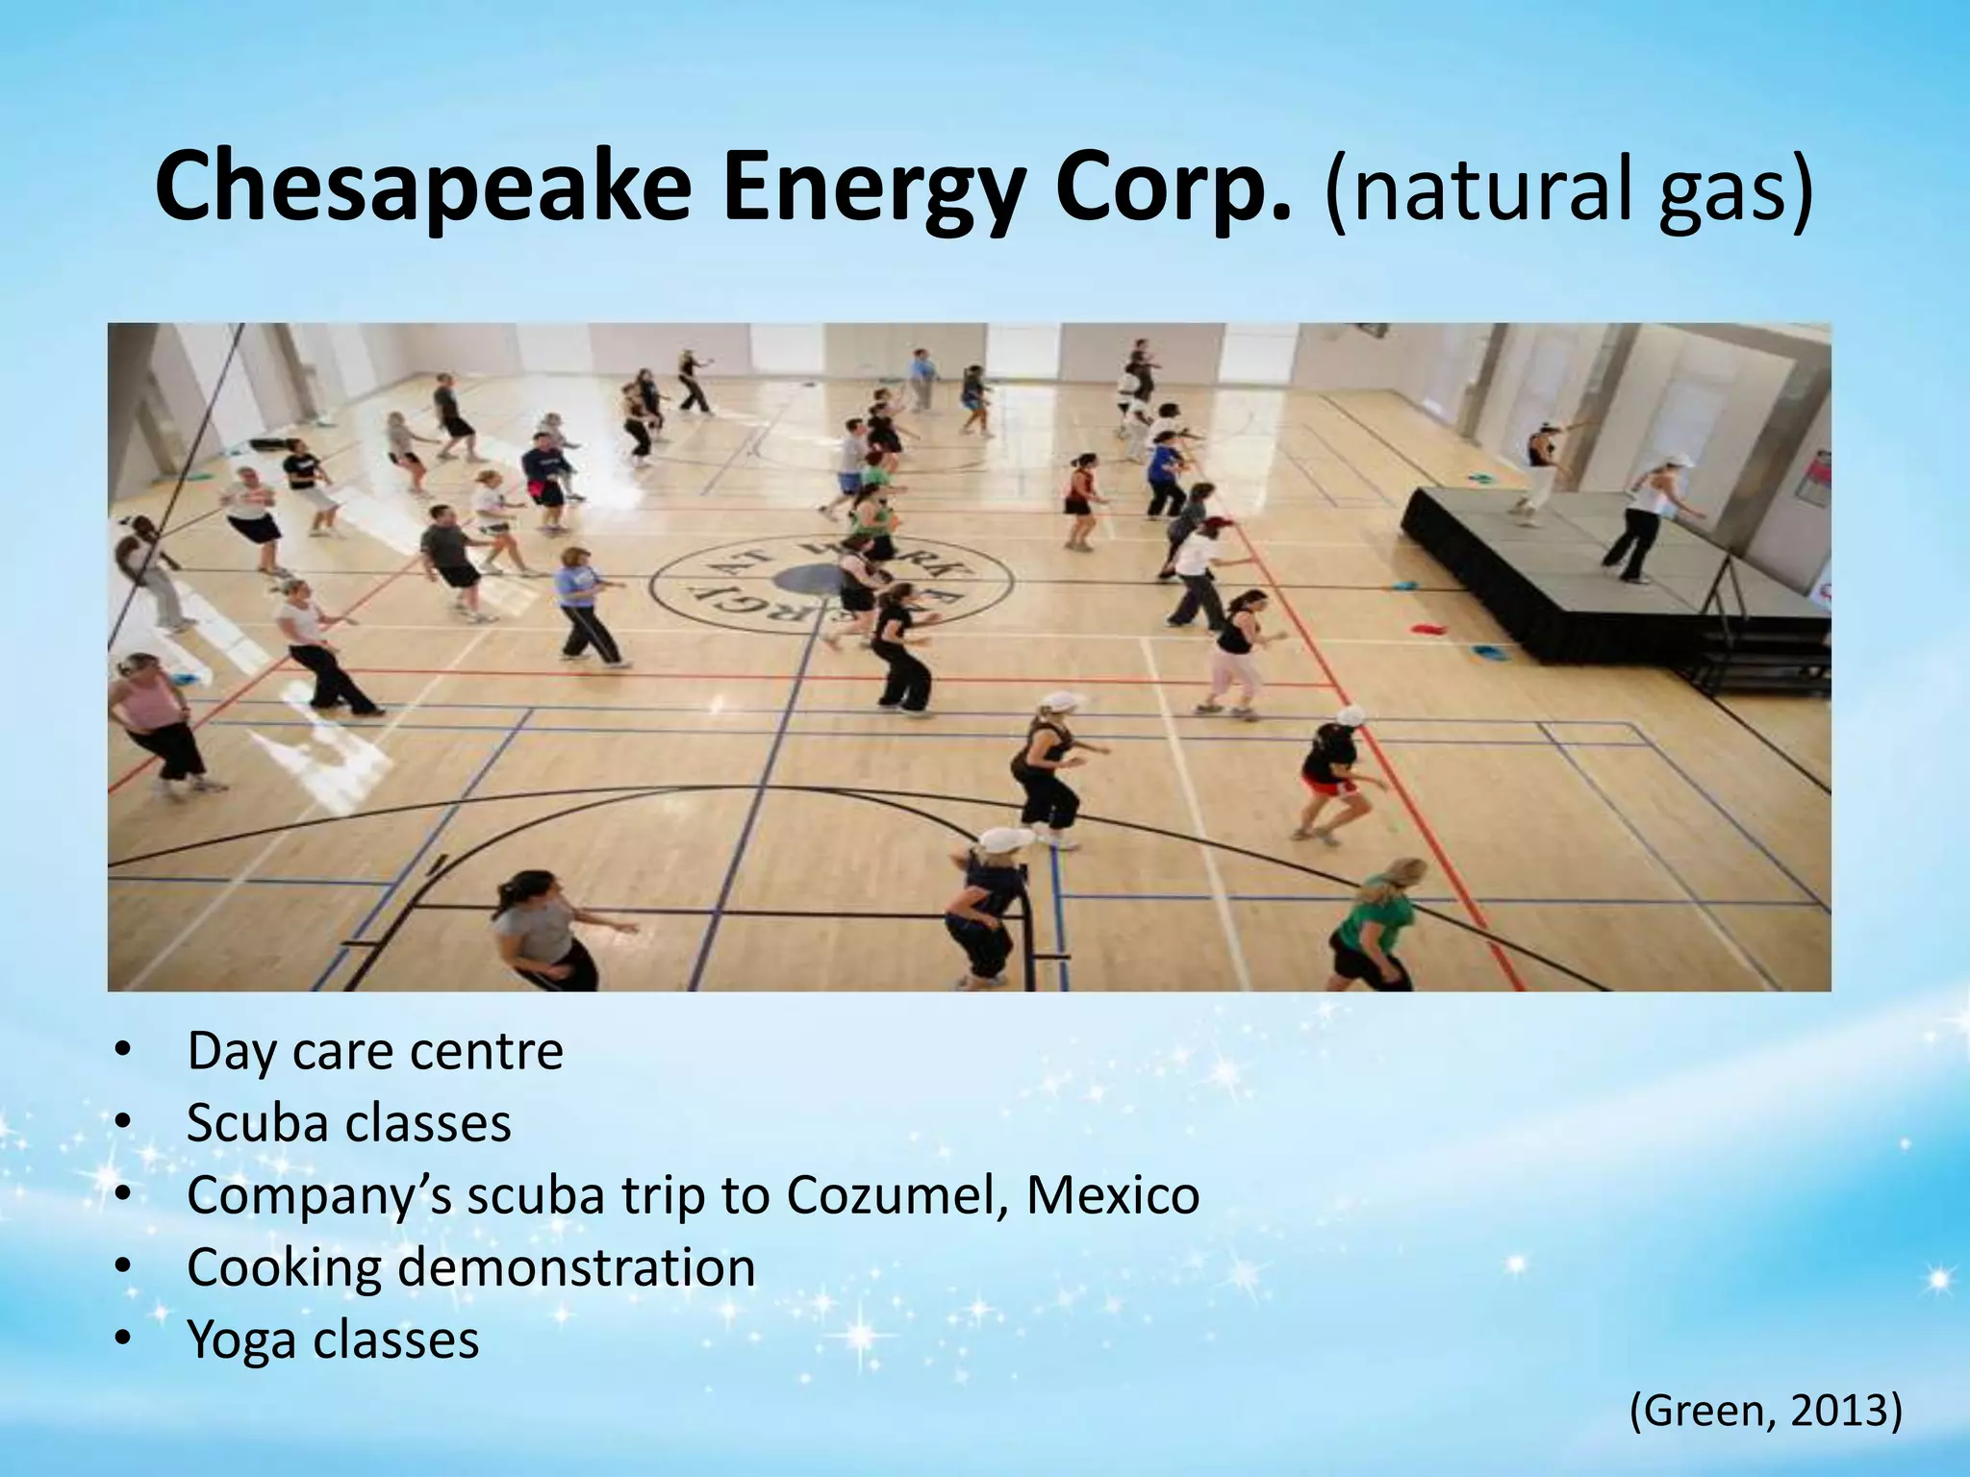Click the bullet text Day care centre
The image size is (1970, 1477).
coord(374,1051)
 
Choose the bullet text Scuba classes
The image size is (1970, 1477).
coord(348,1122)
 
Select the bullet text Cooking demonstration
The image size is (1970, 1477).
coord(470,1267)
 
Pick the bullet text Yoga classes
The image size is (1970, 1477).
coord(332,1339)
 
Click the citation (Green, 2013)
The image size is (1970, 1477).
coord(1765,1412)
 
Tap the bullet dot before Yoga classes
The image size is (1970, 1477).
coord(121,1339)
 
